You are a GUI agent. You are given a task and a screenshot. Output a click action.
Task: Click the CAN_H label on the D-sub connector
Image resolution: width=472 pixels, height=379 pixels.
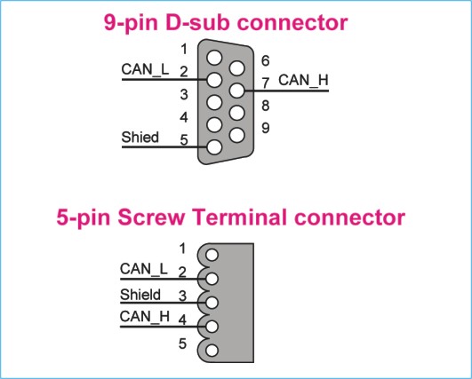tap(303, 81)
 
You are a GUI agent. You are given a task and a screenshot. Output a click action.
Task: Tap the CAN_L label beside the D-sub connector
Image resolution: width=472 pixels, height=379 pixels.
tap(145, 69)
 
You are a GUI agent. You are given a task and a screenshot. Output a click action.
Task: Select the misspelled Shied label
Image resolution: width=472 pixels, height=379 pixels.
tap(140, 137)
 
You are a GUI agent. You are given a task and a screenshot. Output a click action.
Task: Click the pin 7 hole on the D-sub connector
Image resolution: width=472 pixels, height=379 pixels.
tap(237, 91)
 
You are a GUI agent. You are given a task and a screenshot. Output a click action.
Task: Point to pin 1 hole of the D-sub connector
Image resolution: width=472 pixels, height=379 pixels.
tap(214, 58)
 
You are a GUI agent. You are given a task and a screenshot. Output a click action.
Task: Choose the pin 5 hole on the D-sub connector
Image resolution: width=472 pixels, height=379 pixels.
tap(214, 147)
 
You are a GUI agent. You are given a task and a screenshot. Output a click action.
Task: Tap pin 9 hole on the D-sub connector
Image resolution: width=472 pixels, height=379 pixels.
tap(237, 135)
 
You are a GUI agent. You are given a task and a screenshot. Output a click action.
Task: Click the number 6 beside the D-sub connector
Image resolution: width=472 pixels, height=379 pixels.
tap(265, 60)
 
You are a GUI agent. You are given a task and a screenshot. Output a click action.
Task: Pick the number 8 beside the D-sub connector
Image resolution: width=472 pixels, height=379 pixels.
tap(265, 106)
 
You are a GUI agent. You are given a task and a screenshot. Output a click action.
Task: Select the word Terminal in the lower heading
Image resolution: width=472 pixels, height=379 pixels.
tap(239, 217)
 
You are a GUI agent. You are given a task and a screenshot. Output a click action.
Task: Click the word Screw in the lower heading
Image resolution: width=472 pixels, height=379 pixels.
tap(150, 217)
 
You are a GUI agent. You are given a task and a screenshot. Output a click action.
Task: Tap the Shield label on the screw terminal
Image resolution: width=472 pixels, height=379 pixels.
tap(140, 295)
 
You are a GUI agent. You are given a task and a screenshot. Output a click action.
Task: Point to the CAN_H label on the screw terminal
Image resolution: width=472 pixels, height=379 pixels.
tap(145, 317)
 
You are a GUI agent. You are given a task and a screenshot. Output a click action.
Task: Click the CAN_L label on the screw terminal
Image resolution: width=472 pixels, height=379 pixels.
tap(144, 269)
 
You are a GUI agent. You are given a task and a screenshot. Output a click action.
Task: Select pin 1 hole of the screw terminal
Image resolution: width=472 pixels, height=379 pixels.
tap(212, 255)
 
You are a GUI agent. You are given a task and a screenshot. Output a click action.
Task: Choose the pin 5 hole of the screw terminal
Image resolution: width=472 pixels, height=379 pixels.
tap(212, 351)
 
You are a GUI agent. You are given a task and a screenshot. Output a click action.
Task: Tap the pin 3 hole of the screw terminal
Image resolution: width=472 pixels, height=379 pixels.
tap(212, 303)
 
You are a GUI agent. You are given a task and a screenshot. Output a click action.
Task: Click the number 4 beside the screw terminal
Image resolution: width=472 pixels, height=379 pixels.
tap(182, 320)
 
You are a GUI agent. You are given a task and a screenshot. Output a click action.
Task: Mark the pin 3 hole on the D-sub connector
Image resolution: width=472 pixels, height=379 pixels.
tap(214, 102)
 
